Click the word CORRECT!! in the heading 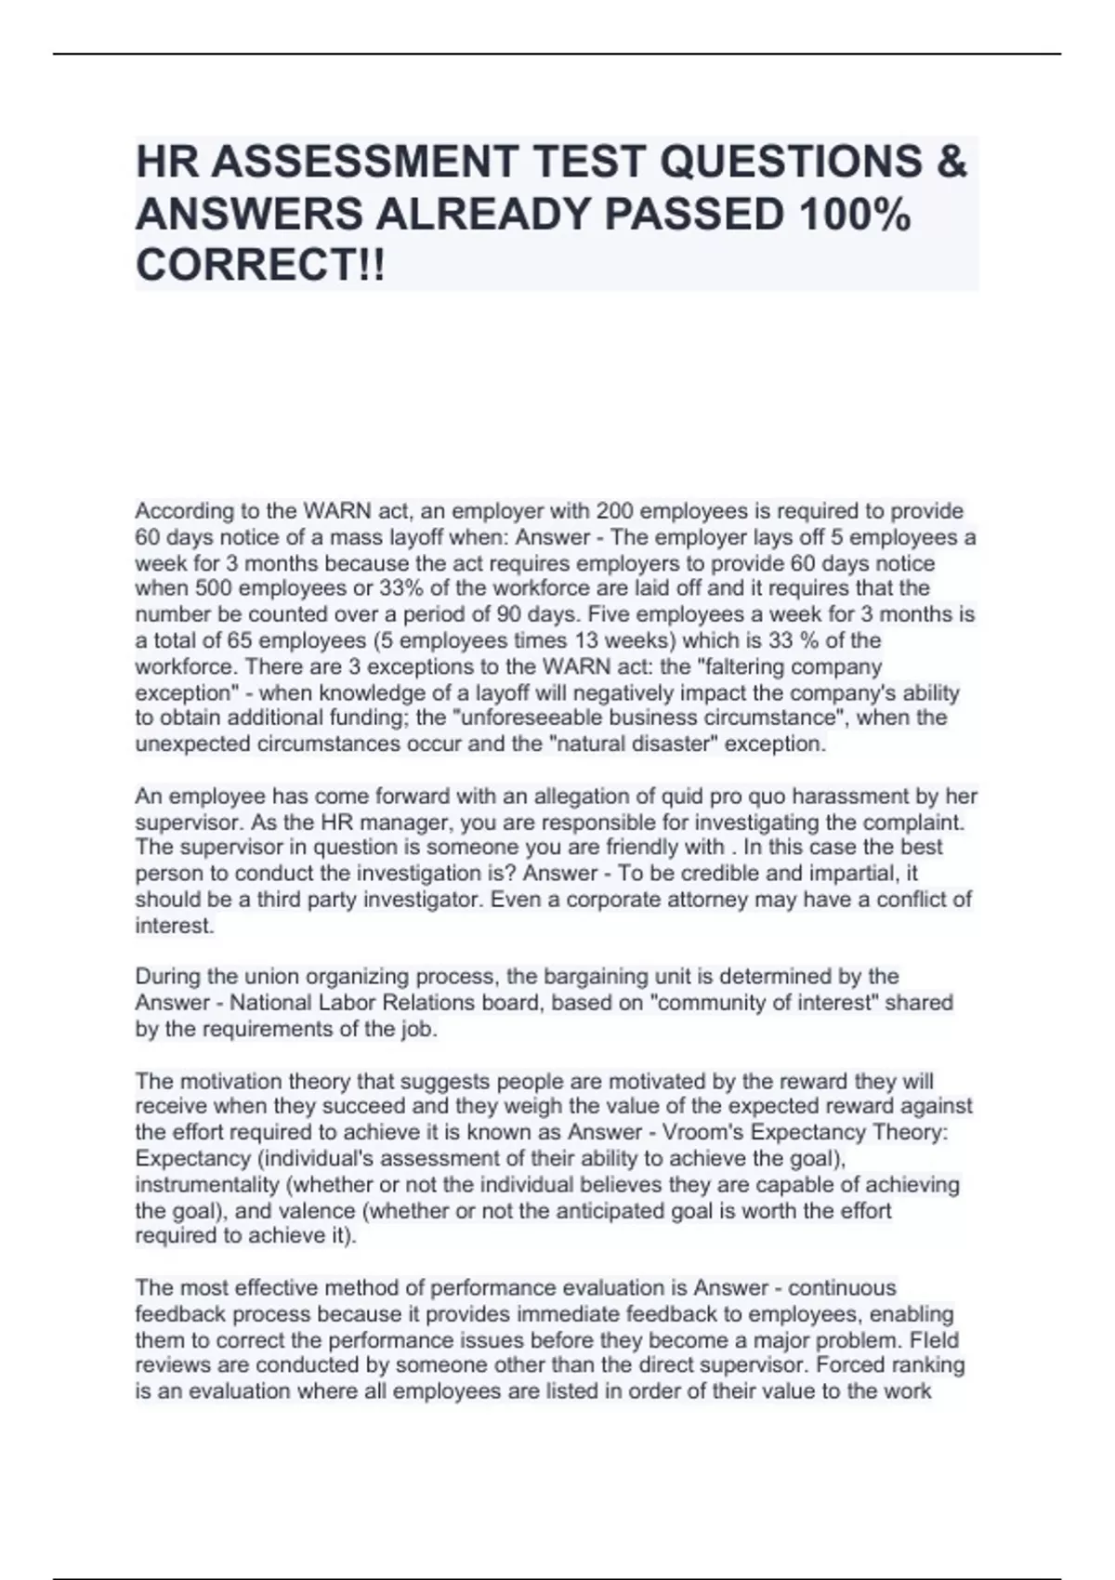(x=259, y=266)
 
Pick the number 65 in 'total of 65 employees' (x=240, y=640)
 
